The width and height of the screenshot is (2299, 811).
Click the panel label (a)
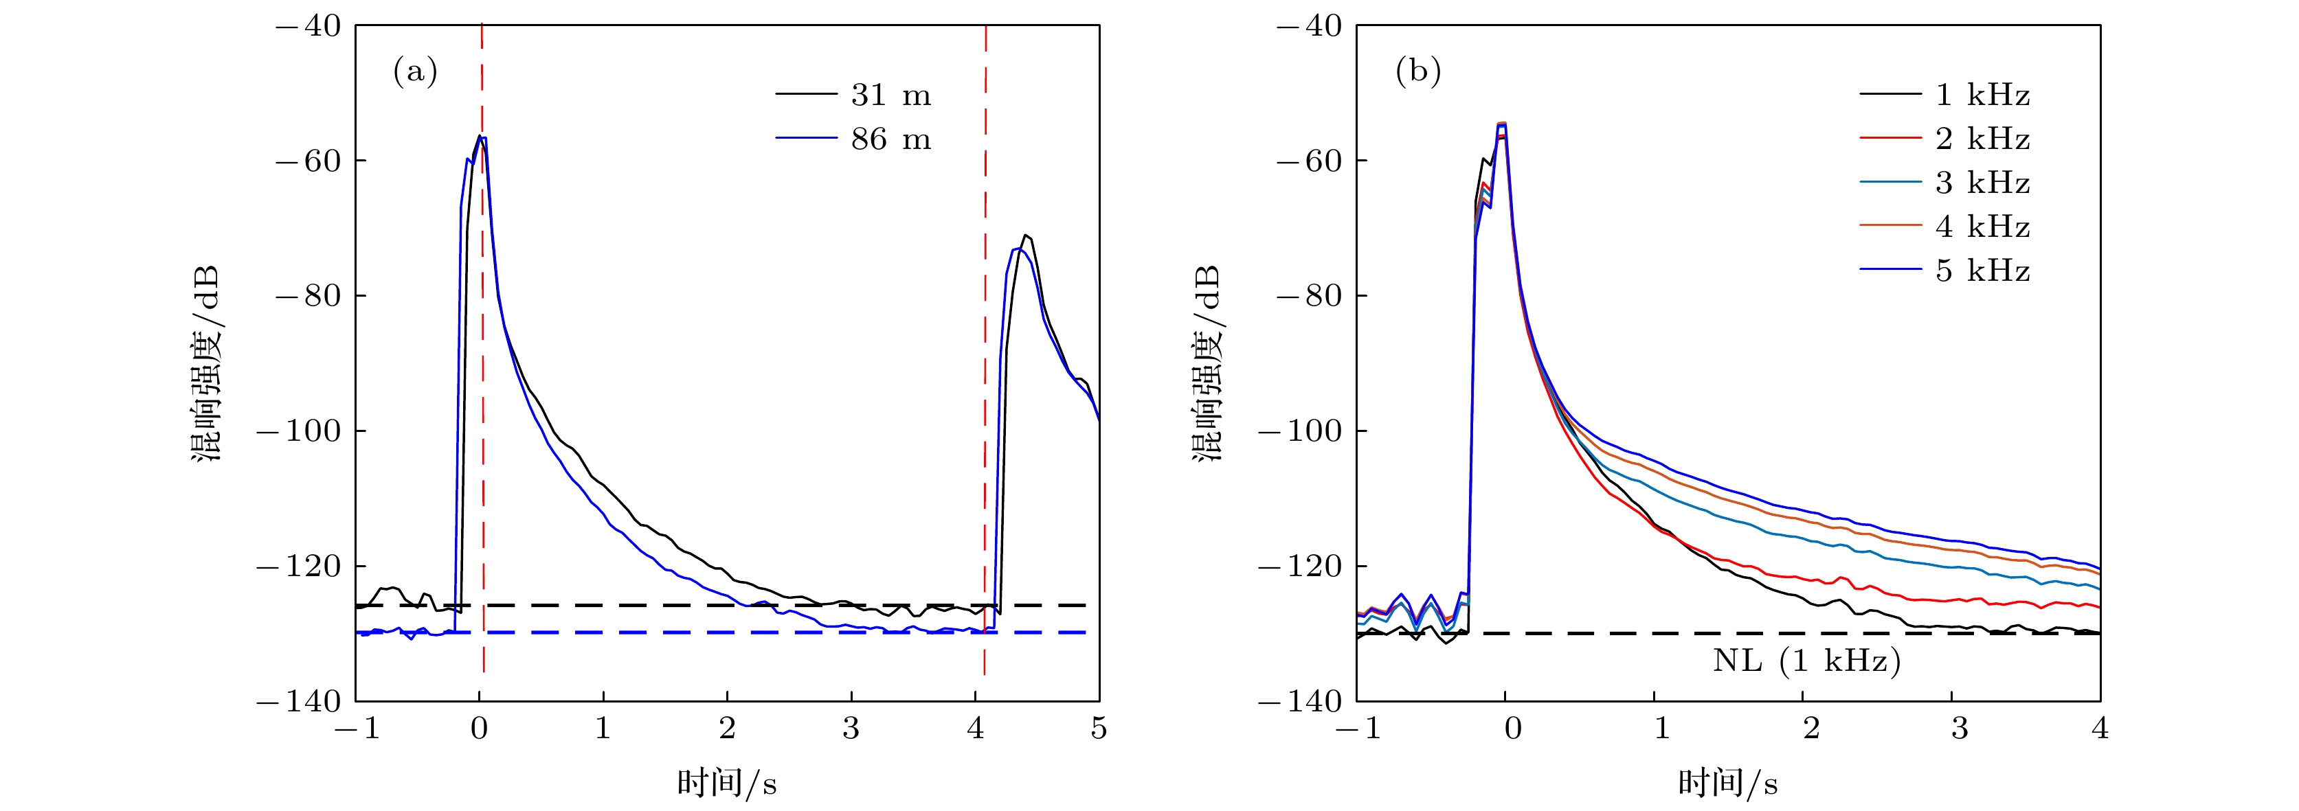coord(415,71)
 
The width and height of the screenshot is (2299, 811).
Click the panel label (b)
coord(1417,71)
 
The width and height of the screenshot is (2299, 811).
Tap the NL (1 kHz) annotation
coord(1806,661)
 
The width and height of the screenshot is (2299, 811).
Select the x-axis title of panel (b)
coord(1728,784)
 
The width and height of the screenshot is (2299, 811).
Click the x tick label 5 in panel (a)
coord(1099,729)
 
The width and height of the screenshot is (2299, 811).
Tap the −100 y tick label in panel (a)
coord(300,431)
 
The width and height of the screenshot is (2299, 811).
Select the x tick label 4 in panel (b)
coord(2100,729)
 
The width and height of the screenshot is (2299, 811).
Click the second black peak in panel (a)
coord(1027,236)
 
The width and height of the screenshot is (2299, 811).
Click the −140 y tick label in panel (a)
coord(300,702)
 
